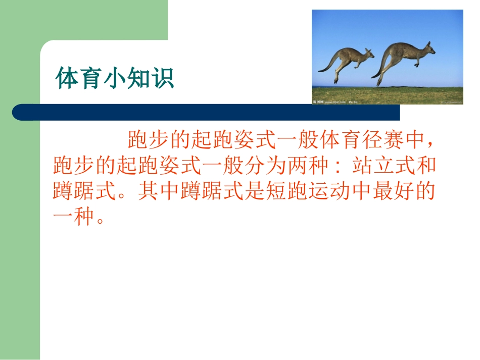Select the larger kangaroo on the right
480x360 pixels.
(x=404, y=58)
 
